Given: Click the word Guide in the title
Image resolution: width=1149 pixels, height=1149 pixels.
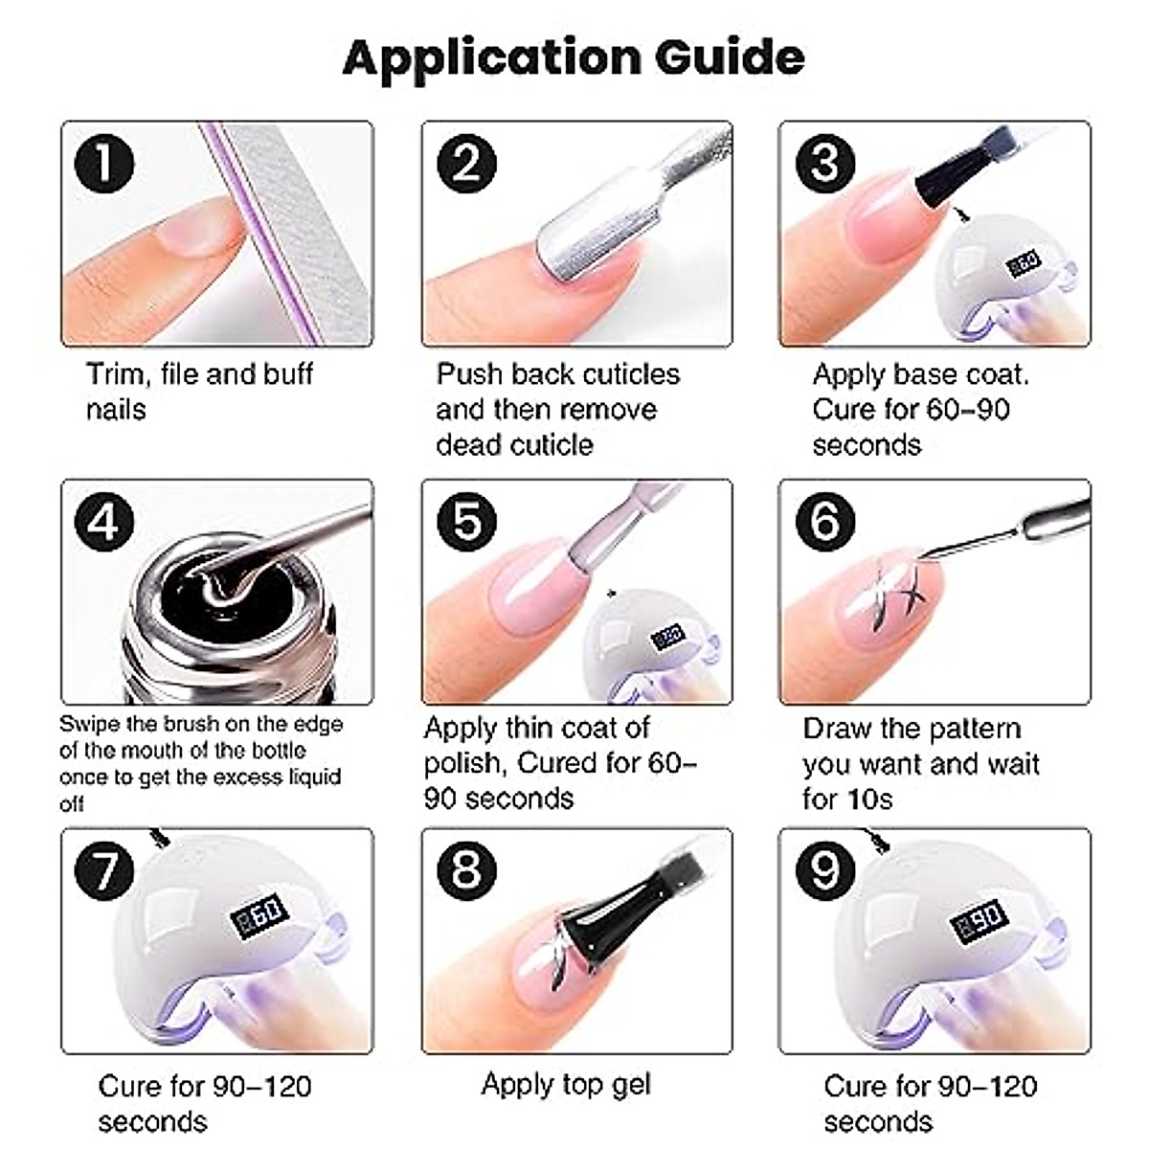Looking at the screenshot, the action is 730,57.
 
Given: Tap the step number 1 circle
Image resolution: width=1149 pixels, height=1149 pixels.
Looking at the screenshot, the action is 104,164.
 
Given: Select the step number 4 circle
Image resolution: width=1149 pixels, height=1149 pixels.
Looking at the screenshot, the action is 104,522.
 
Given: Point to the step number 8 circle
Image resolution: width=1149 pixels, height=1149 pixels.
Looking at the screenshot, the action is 467,870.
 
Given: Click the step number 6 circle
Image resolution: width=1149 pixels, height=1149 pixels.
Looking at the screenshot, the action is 825,522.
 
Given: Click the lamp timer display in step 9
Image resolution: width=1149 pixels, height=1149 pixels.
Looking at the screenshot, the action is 980,919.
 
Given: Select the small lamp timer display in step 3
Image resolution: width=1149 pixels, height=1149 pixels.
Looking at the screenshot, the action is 1024,263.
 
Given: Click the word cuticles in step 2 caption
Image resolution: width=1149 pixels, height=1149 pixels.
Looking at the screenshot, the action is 631,374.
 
